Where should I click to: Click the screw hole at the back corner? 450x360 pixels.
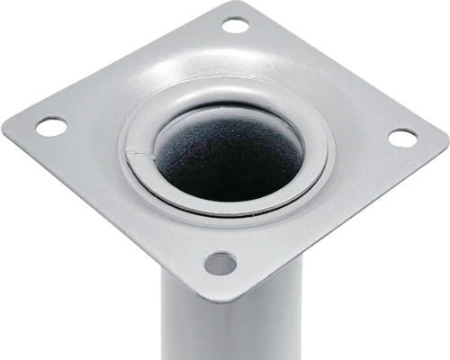point(235,25)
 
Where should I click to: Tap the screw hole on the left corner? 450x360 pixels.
point(51,127)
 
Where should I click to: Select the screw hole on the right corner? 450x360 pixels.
point(402,138)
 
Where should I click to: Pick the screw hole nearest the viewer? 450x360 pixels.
point(220,264)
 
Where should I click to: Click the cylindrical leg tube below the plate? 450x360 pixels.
point(216,328)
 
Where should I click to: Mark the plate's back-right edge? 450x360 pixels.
point(342,67)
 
